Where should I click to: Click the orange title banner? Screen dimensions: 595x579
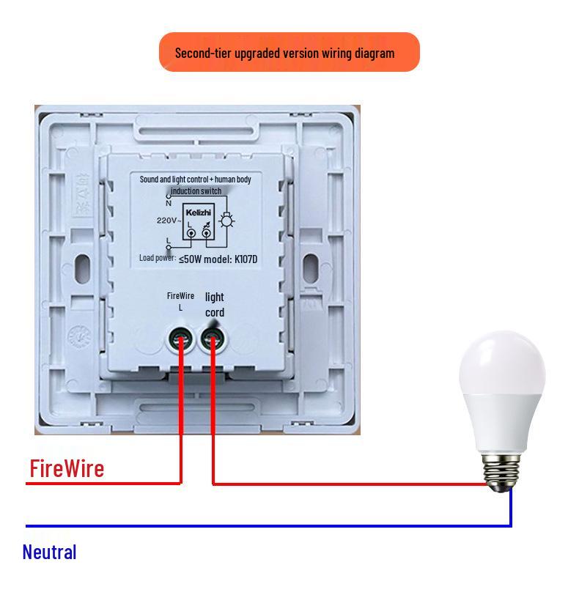click(x=289, y=52)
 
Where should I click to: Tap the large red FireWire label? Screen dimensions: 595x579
click(x=67, y=468)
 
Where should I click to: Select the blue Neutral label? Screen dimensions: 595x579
click(x=49, y=552)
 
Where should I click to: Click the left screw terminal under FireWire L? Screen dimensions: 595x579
click(x=180, y=339)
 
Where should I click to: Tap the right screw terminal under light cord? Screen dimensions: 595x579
click(x=213, y=339)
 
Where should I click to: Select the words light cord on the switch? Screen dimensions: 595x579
click(x=214, y=305)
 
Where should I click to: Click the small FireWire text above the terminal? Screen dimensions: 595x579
click(x=180, y=295)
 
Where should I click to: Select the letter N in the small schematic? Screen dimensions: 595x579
click(x=169, y=203)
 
